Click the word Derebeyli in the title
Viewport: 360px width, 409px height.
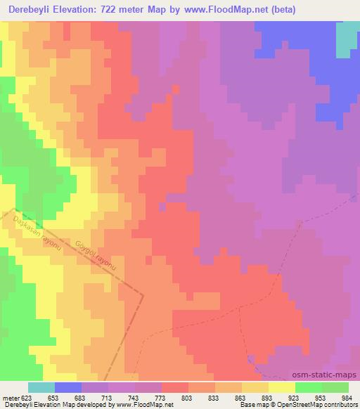[x=30, y=10]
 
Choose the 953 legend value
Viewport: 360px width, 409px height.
[x=321, y=397]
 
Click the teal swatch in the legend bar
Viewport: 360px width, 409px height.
[x=41, y=387]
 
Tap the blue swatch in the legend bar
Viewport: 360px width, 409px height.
[x=68, y=387]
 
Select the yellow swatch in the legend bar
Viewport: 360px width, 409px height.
[x=281, y=387]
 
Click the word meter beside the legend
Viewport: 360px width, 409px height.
[x=9, y=397]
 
